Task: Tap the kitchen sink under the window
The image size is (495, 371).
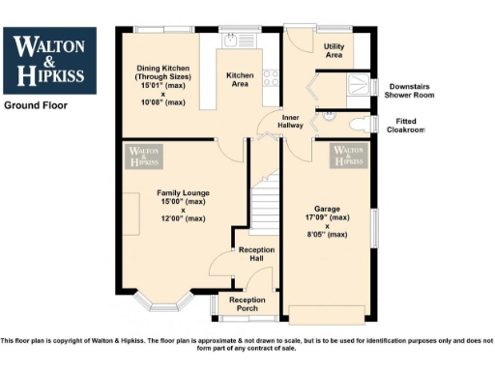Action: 232,40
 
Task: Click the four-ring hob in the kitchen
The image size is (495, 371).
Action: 272,77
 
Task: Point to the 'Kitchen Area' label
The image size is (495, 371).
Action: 239,79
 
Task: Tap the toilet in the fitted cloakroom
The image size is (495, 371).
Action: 360,124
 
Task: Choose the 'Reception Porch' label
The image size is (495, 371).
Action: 247,304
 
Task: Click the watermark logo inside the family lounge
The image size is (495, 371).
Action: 144,157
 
